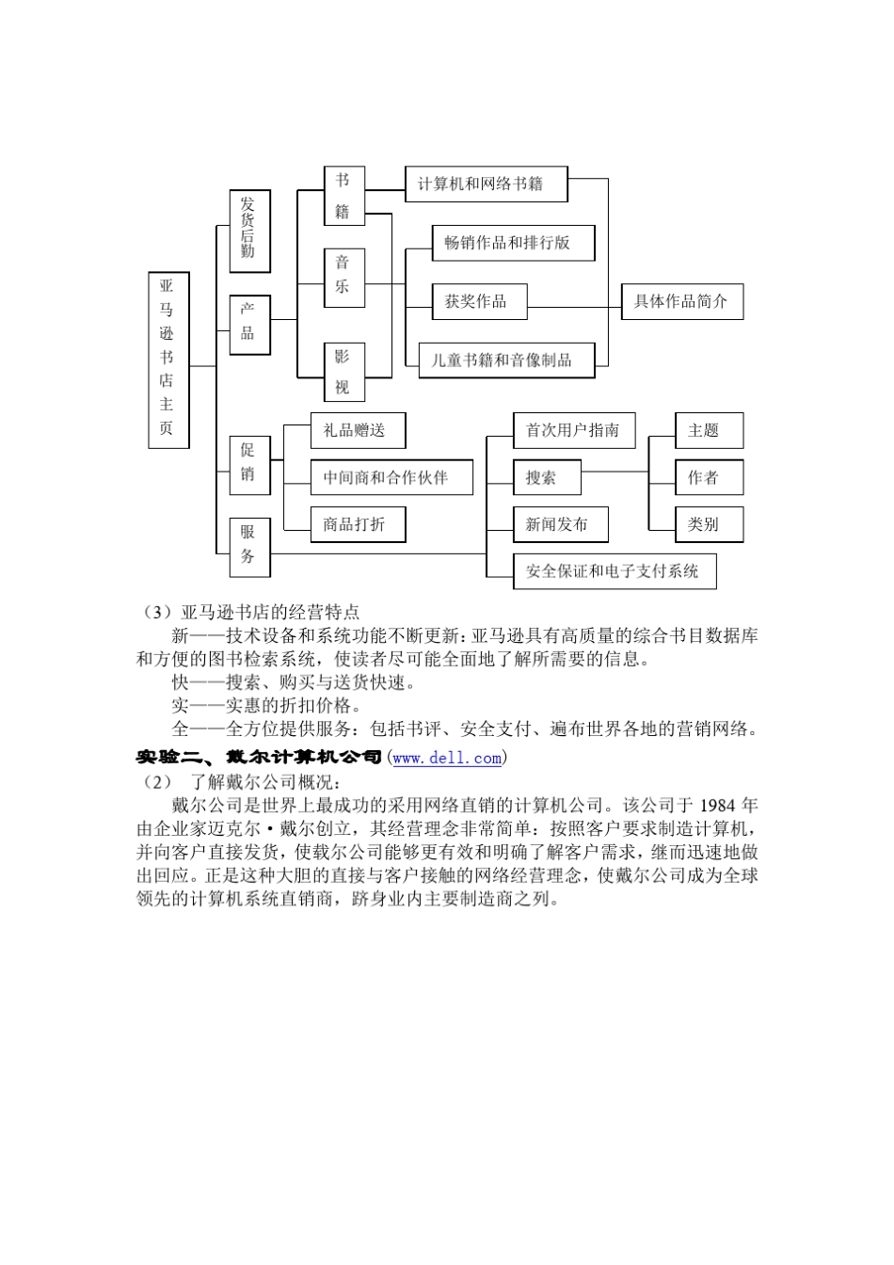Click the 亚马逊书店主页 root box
[168, 360]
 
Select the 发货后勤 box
[249, 230]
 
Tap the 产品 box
[249, 325]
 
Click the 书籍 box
[344, 196]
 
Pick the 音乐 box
[344, 277]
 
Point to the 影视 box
[344, 372]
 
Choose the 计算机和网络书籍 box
[486, 184]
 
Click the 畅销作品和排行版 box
[513, 243]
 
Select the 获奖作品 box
[479, 301]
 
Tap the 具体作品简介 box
[682, 301]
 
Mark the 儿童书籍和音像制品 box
[506, 360]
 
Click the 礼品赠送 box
[358, 430]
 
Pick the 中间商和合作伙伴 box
[391, 477]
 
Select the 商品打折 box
[358, 524]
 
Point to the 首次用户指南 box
[574, 430]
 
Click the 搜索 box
[547, 477]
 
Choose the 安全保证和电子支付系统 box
[615, 571]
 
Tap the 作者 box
[710, 477]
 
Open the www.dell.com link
[447, 758]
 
